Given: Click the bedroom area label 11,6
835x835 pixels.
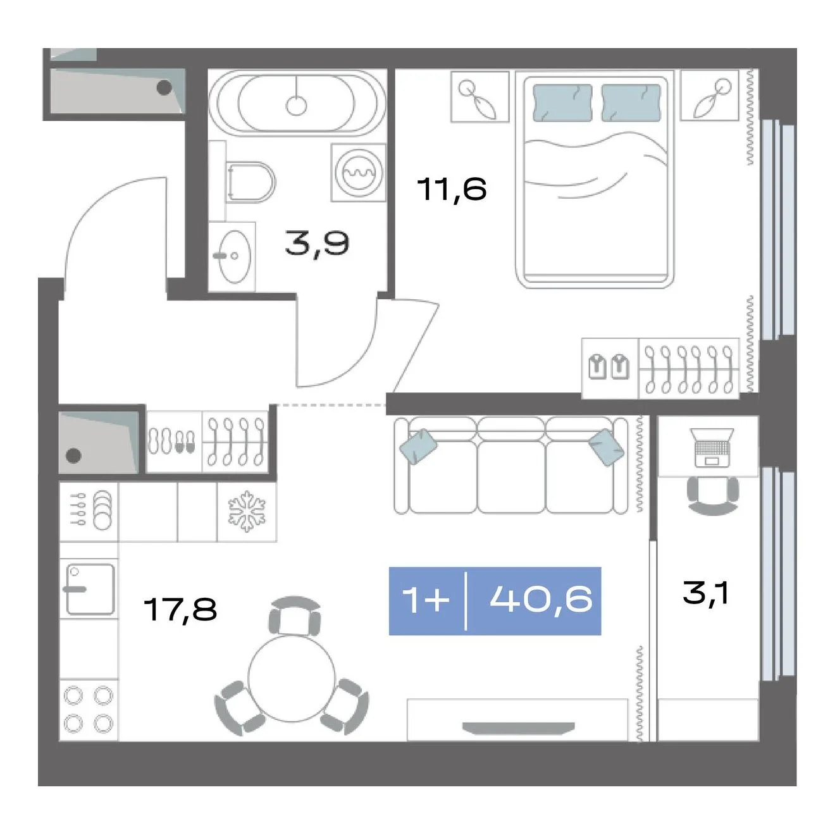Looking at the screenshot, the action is (452, 190).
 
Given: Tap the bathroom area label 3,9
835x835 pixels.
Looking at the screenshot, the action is (317, 244).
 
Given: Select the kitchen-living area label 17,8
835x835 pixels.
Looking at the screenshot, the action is (180, 609).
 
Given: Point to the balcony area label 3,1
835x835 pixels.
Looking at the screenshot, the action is (705, 593).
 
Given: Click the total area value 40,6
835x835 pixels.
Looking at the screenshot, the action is (541, 599).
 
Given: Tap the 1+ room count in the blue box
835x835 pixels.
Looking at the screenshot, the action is (426, 600).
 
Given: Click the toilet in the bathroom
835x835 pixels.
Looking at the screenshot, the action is (250, 182).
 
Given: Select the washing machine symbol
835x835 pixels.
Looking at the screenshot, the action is (358, 173).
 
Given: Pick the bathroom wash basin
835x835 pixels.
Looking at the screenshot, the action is (233, 256).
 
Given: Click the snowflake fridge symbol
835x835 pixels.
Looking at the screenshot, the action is (247, 511).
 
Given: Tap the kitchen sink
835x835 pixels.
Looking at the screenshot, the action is (90, 589).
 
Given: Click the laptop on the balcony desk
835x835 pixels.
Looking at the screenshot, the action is (712, 448).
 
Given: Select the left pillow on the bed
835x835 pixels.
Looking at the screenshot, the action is (562, 102).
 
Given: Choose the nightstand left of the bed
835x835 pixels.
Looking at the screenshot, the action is (479, 97).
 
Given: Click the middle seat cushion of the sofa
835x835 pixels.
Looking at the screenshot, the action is (511, 476).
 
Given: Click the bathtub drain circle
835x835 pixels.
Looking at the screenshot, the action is (297, 105).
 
